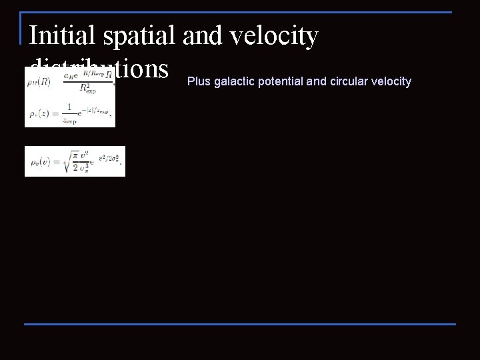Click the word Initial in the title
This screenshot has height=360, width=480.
click(59, 36)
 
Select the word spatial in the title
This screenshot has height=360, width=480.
click(136, 36)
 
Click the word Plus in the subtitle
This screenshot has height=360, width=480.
click(197, 82)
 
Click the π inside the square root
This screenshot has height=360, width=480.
click(77, 155)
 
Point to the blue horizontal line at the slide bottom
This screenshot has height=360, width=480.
click(240, 324)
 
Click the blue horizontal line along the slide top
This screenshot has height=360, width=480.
click(240, 12)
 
